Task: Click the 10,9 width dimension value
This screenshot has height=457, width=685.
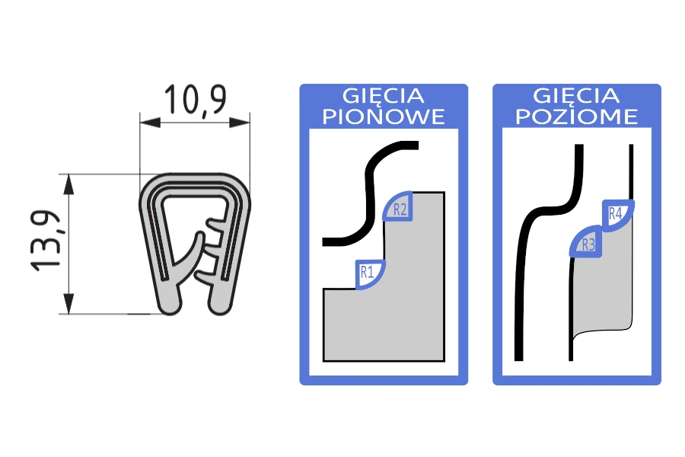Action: tap(196, 101)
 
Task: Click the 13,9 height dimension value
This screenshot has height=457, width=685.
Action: tap(46, 241)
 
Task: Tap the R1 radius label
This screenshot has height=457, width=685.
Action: tap(367, 273)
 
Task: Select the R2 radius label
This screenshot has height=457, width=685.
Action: tap(400, 209)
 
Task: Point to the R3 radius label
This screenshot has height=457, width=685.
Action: tap(588, 244)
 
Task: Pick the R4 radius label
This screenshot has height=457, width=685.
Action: tap(615, 214)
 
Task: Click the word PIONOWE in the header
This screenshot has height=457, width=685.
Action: tap(384, 117)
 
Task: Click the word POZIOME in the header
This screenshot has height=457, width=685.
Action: tap(577, 117)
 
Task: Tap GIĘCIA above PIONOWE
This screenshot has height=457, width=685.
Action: tap(384, 96)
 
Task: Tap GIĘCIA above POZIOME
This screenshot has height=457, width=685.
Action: tap(577, 96)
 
